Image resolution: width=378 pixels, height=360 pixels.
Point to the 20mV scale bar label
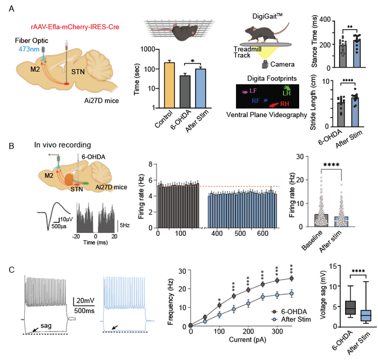[x=86, y=300]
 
